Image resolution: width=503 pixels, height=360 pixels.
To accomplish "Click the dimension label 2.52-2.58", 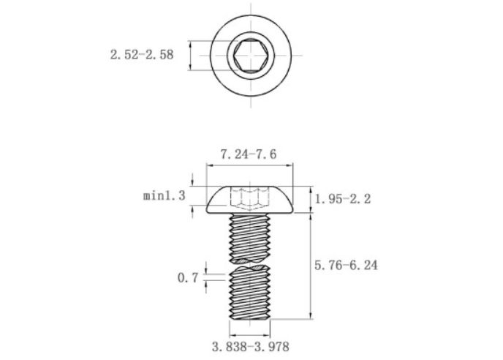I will [142, 55].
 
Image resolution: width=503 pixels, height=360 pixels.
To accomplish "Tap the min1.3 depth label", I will [164, 195].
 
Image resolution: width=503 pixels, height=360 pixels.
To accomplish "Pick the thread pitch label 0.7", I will [188, 277].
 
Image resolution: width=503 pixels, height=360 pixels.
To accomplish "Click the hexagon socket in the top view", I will [252, 55].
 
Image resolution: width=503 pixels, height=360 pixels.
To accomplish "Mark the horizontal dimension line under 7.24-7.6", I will [252, 167].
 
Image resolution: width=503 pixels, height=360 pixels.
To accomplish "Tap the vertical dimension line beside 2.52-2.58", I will [192, 55].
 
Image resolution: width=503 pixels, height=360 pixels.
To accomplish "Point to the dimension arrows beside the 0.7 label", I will [207, 277].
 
